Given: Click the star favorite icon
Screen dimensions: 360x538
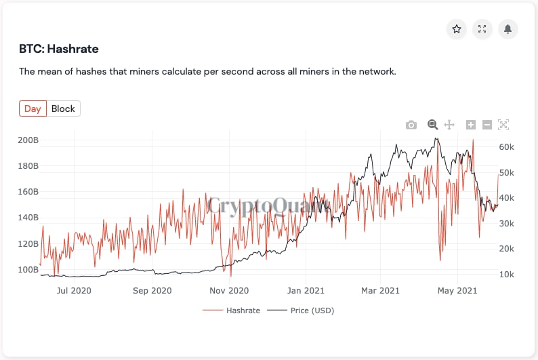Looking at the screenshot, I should [457, 29].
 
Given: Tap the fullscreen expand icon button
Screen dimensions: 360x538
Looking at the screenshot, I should [482, 29].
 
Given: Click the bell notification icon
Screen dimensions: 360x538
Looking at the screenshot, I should [508, 29].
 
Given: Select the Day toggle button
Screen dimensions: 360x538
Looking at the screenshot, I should [33, 108].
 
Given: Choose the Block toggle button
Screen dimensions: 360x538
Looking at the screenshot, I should [64, 108].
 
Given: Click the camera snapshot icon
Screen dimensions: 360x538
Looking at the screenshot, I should [411, 125].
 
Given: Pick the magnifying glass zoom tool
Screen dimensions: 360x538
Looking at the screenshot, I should [433, 125].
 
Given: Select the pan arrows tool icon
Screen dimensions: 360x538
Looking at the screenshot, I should [449, 125].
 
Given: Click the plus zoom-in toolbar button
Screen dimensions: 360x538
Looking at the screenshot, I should [471, 125].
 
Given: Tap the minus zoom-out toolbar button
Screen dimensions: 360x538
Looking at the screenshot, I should [487, 125].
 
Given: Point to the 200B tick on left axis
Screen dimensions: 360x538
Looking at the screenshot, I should [28, 140].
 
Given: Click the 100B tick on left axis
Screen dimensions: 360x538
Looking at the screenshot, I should [28, 270].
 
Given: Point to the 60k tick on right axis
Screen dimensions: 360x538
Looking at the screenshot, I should [507, 147].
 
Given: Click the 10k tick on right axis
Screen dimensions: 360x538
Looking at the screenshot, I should [507, 275].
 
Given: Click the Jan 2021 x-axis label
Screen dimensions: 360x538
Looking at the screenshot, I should [305, 291].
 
